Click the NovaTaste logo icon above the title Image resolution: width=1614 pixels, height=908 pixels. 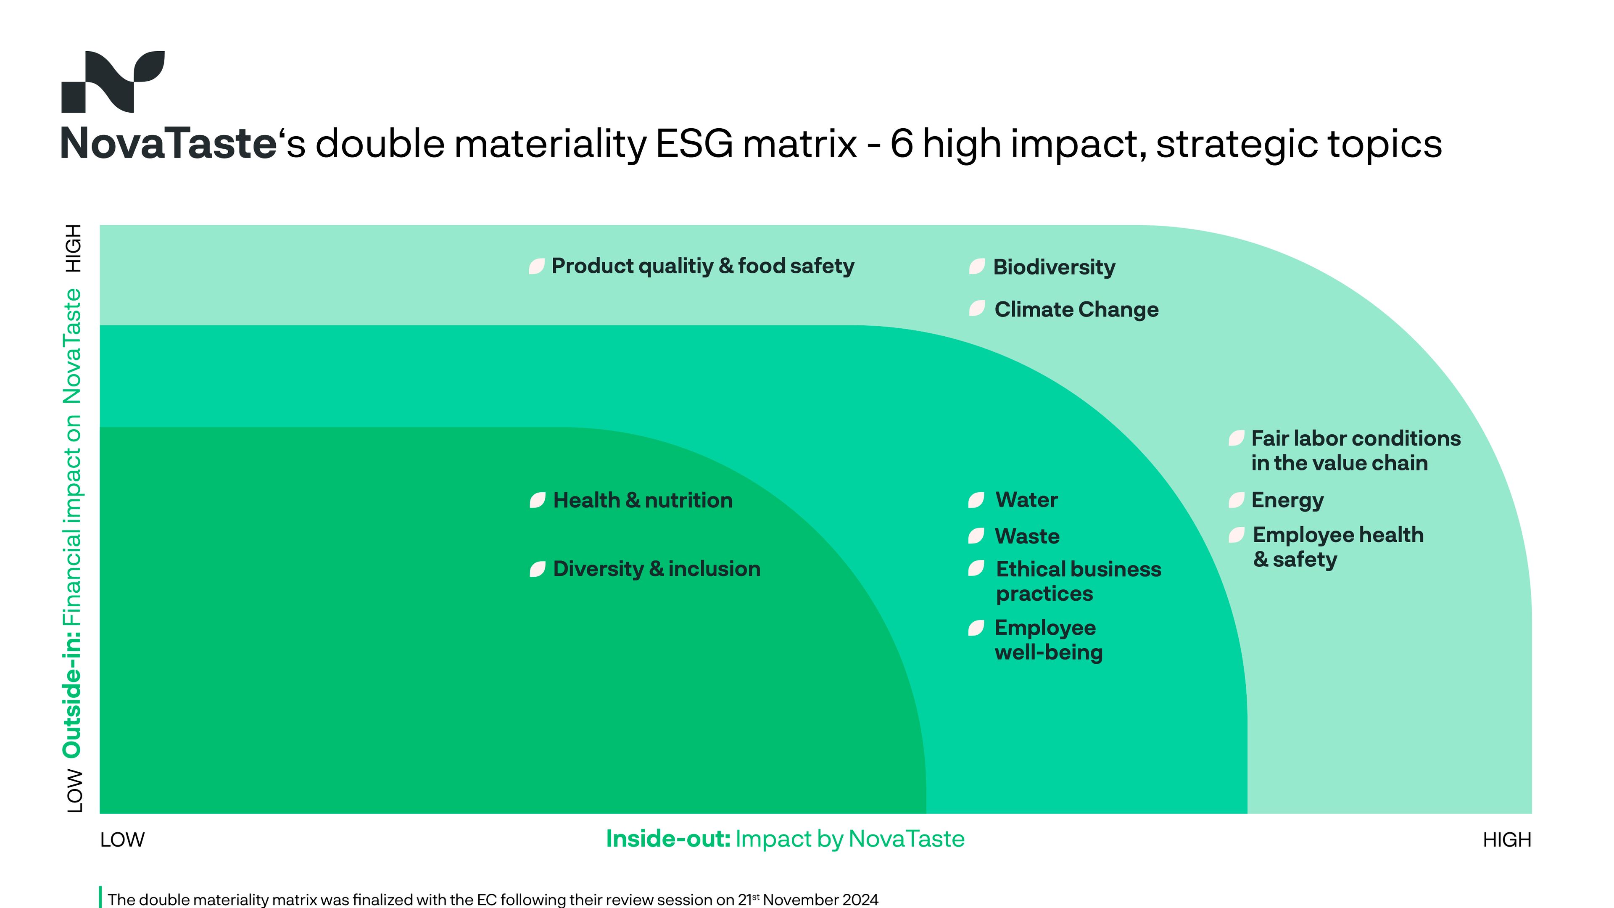point(113,82)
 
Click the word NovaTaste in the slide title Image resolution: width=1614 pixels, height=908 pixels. point(169,143)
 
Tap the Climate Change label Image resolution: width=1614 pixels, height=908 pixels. point(1076,309)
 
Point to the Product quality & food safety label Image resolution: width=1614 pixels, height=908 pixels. point(702,267)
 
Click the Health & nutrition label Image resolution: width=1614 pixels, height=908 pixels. point(643,500)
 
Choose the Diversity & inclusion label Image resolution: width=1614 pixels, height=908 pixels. point(657,569)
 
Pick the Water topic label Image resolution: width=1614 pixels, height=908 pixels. point(1026,500)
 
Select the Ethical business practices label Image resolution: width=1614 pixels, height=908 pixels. point(1078,581)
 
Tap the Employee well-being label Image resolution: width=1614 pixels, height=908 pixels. point(1048,640)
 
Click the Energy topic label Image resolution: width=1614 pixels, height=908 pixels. point(1287,501)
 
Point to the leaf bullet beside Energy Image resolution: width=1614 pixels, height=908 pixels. point(1236,500)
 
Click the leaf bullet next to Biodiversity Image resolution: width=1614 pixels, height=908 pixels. point(977,267)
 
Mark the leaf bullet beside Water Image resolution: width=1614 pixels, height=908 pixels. point(976,500)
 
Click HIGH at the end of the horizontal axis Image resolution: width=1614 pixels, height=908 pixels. point(1507,840)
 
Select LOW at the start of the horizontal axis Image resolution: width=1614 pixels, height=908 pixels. point(122,840)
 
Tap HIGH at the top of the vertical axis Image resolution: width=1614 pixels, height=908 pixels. point(74,248)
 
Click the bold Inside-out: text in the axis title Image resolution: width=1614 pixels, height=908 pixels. point(668,839)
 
